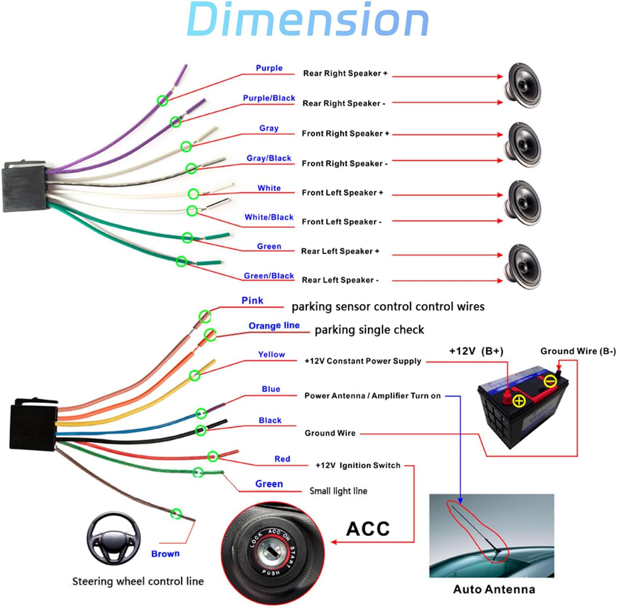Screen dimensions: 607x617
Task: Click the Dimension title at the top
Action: [x=308, y=19]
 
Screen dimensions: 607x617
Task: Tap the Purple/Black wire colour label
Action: [x=269, y=98]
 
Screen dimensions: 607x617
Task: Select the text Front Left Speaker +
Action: [x=342, y=193]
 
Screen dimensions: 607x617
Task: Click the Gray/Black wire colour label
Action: [x=269, y=158]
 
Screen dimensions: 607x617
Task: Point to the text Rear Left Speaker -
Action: [x=340, y=280]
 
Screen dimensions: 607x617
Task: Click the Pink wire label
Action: [x=252, y=301]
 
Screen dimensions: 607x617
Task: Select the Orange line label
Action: [x=274, y=326]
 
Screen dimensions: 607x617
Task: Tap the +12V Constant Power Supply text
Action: [x=363, y=361]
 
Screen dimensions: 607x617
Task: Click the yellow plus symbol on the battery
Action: [x=519, y=401]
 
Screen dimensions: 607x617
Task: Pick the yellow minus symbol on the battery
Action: [x=550, y=381]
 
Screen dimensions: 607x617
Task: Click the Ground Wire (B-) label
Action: [x=578, y=351]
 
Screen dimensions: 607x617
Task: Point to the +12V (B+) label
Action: [x=476, y=351]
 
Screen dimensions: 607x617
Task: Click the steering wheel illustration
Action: [x=114, y=538]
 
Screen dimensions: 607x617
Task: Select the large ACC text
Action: [x=368, y=529]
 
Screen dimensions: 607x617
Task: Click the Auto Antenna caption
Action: [x=494, y=589]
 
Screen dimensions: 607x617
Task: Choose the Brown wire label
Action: [x=165, y=554]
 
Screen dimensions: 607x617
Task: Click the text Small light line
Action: [x=338, y=491]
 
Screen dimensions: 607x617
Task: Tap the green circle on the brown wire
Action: [x=176, y=514]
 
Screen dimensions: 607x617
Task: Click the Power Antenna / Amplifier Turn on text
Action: [x=372, y=396]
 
